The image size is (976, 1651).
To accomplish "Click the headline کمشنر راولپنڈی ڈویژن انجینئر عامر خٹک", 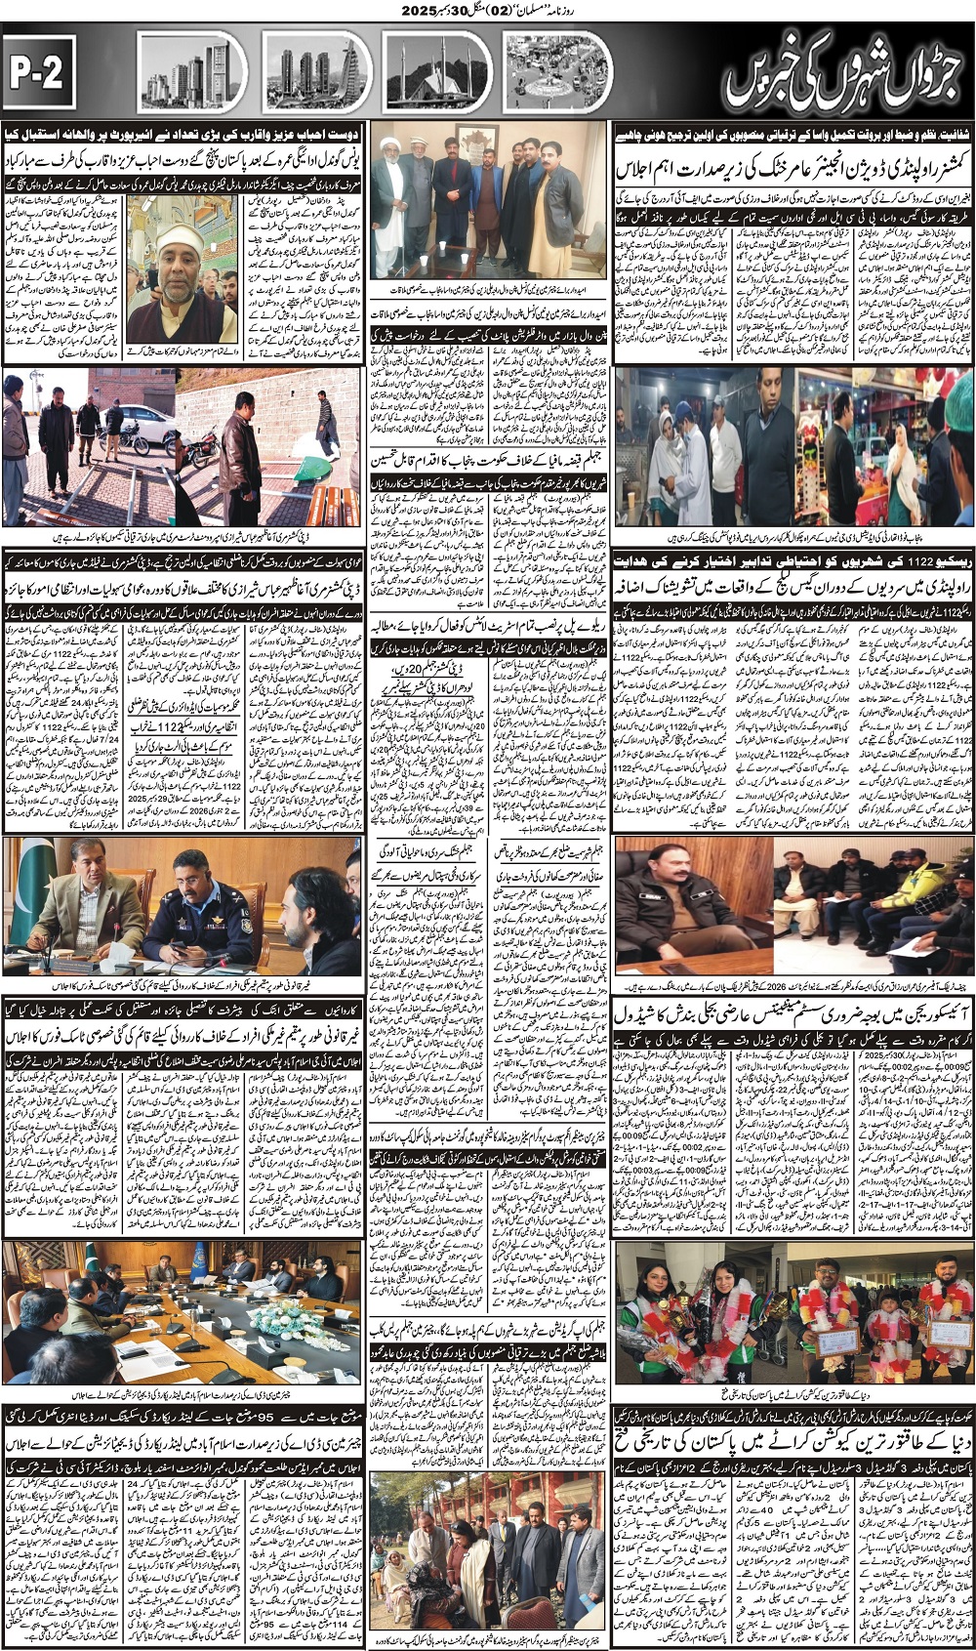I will pyautogui.click(x=794, y=169).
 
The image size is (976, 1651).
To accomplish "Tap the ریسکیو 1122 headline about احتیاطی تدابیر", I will pyautogui.click(x=793, y=562).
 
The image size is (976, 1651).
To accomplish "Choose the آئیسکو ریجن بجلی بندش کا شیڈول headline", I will pyautogui.click(x=793, y=1012).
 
